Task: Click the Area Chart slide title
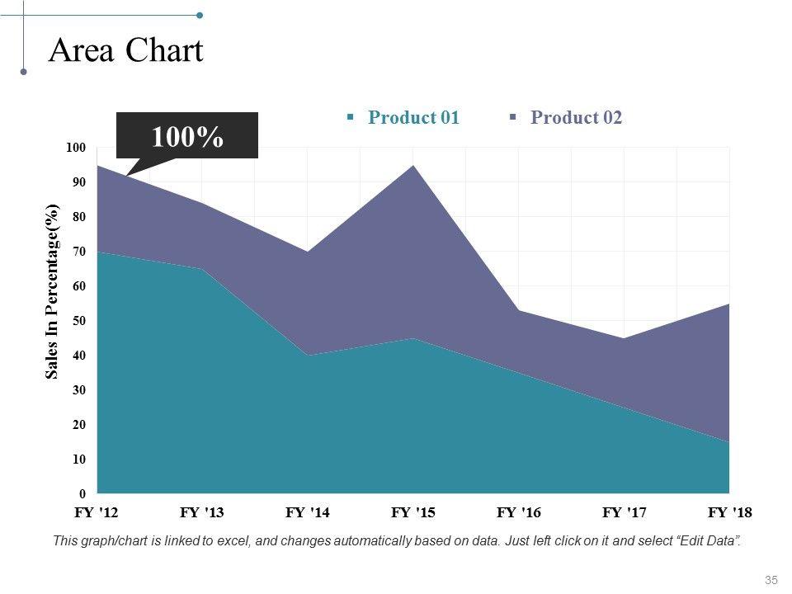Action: pyautogui.click(x=126, y=51)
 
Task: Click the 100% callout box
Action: pyautogui.click(x=187, y=135)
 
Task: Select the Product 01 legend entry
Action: pyautogui.click(x=413, y=117)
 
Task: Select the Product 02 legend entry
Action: pyautogui.click(x=576, y=117)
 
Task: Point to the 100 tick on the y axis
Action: pyautogui.click(x=75, y=148)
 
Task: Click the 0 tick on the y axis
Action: pyautogui.click(x=81, y=493)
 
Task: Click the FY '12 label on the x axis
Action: pyautogui.click(x=97, y=513)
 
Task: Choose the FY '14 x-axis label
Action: pyautogui.click(x=308, y=513)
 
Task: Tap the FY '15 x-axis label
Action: pyautogui.click(x=413, y=513)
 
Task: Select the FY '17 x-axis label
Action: pyautogui.click(x=625, y=513)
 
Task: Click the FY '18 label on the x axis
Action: pyautogui.click(x=730, y=513)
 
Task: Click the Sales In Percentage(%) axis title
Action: pyautogui.click(x=52, y=291)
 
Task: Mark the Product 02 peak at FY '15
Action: pyautogui.click(x=413, y=166)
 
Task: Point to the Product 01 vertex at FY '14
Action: pyautogui.click(x=308, y=355)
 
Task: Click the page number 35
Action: pyautogui.click(x=772, y=580)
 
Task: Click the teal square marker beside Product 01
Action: pyautogui.click(x=351, y=117)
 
